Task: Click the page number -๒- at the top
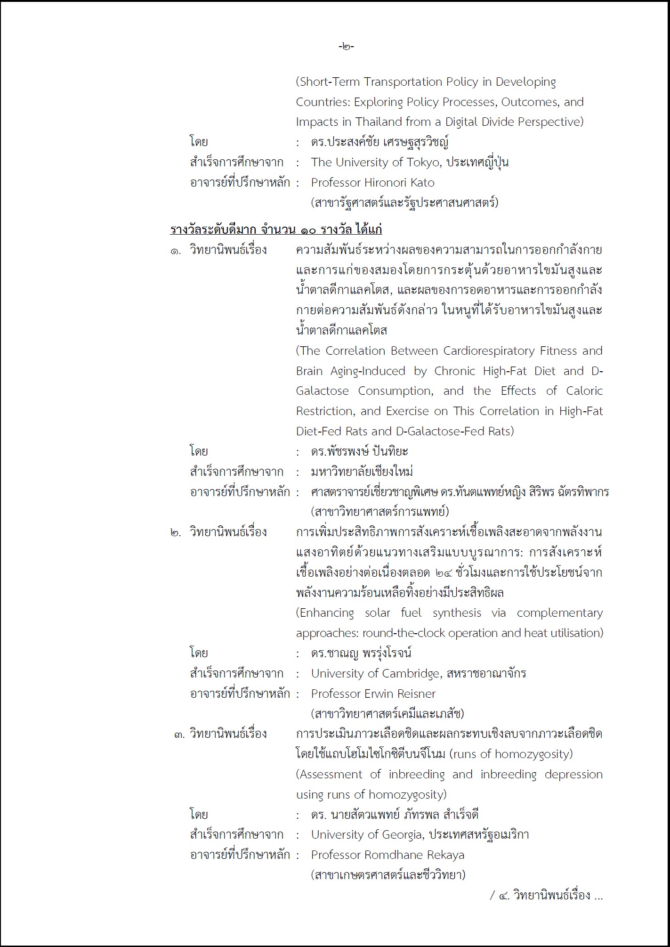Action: pyautogui.click(x=346, y=47)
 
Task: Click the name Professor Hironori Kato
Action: pyautogui.click(x=372, y=183)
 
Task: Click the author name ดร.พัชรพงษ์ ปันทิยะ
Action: pyautogui.click(x=359, y=452)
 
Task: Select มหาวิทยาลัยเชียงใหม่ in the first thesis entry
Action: pyautogui.click(x=362, y=472)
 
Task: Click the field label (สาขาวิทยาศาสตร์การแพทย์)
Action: pyautogui.click(x=379, y=512)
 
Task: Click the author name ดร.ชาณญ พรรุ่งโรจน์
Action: pyautogui.click(x=361, y=653)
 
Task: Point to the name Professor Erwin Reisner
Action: pyautogui.click(x=373, y=694)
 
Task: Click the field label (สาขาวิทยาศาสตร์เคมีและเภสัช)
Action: pyautogui.click(x=387, y=714)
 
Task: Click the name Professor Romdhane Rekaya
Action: pyautogui.click(x=387, y=855)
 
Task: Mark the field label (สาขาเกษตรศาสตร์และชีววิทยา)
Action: pyautogui.click(x=388, y=875)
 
